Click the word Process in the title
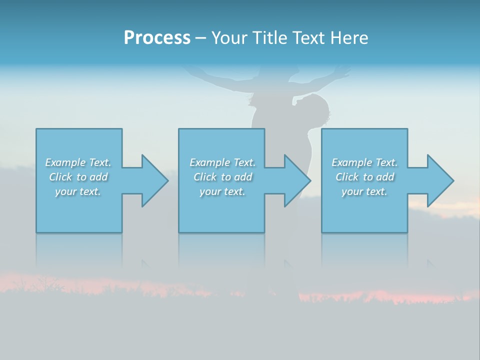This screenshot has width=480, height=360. click(157, 38)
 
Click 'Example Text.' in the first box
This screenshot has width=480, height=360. click(78, 162)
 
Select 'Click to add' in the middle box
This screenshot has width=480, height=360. click(222, 177)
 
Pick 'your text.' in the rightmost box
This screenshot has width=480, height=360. click(364, 191)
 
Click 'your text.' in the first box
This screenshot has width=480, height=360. click(78, 191)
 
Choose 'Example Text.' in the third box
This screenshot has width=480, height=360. click(364, 162)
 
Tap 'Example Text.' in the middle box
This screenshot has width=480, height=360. click(222, 162)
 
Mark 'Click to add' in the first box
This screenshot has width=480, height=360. click(78, 177)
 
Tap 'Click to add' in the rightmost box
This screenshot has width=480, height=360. click(364, 177)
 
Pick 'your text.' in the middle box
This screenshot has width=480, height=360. click(222, 191)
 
